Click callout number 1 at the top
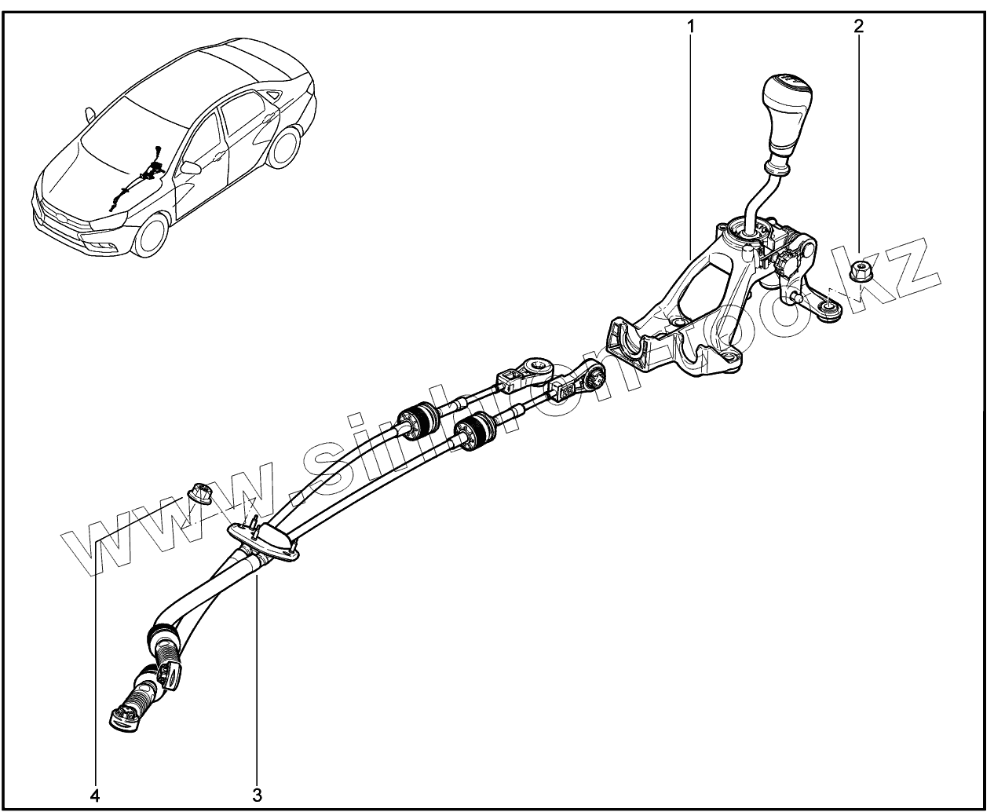point(690,26)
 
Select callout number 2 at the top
point(858,26)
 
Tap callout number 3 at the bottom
point(257,795)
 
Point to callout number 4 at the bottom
point(95,795)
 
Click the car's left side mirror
point(189,167)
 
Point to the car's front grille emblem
point(53,211)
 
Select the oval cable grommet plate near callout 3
point(265,541)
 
